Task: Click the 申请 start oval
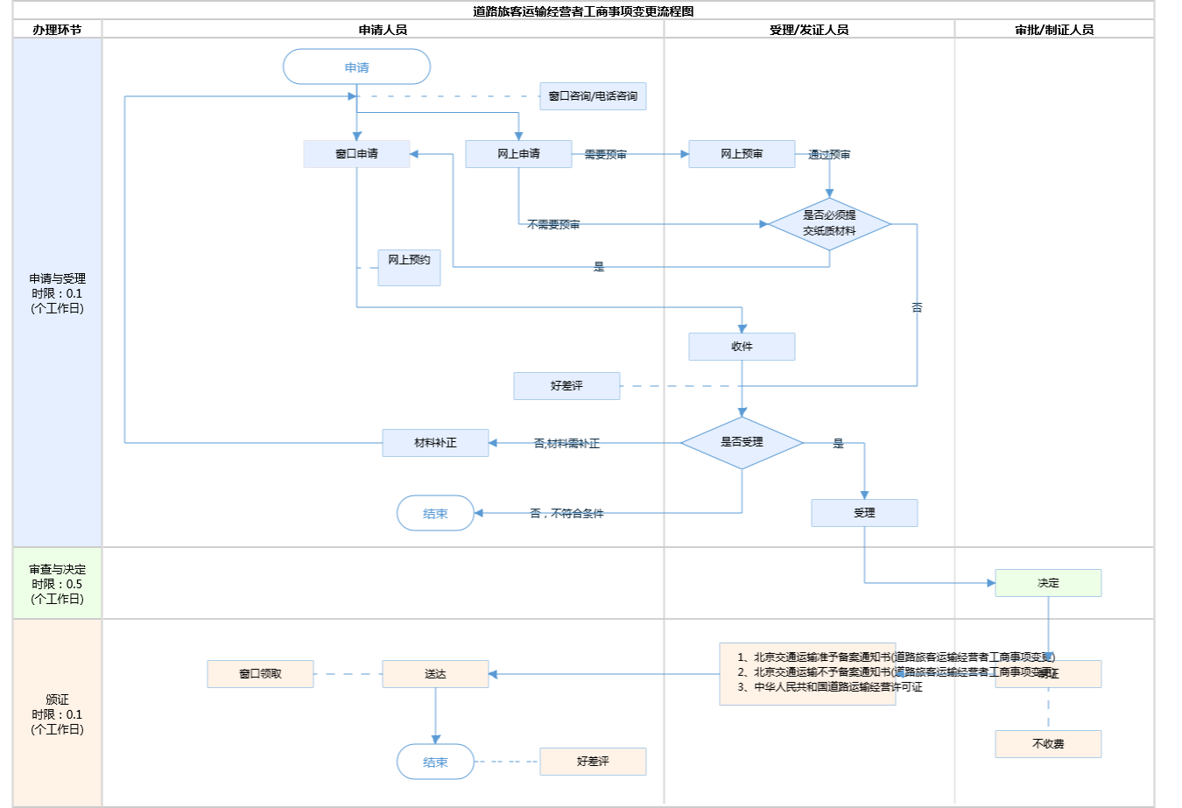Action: tap(356, 67)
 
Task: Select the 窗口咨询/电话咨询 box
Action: tap(593, 96)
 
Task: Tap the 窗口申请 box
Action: tap(356, 154)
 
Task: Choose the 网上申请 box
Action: tap(518, 154)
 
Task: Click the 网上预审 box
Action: tap(742, 154)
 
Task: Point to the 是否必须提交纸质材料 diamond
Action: tap(829, 224)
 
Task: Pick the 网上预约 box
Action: tap(409, 267)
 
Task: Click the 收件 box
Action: tap(742, 347)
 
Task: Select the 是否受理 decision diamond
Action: tap(742, 443)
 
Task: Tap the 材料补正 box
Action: tap(435, 443)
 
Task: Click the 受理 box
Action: tap(864, 513)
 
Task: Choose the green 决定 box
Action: tap(1048, 583)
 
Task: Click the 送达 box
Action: tap(435, 674)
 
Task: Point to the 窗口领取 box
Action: tap(260, 674)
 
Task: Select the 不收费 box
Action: tap(1048, 744)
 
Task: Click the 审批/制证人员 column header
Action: tap(1054, 30)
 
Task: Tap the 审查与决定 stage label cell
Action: tap(57, 584)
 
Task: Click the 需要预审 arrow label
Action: tap(605, 155)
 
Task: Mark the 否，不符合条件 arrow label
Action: tap(566, 514)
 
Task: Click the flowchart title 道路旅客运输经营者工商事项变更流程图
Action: tap(583, 11)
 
